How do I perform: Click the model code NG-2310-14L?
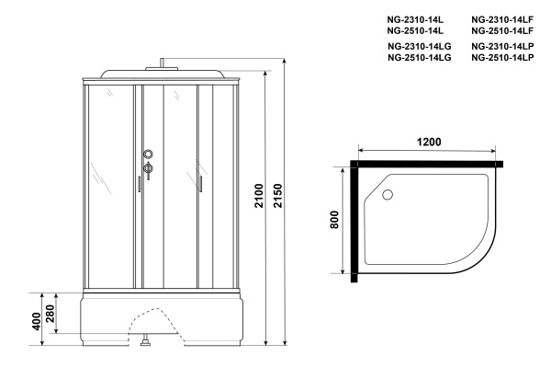point(415,18)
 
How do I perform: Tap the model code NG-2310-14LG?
point(419,46)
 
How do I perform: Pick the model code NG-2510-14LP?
point(502,57)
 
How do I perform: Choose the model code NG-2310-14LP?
point(502,46)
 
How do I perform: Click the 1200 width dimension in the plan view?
point(428,143)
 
